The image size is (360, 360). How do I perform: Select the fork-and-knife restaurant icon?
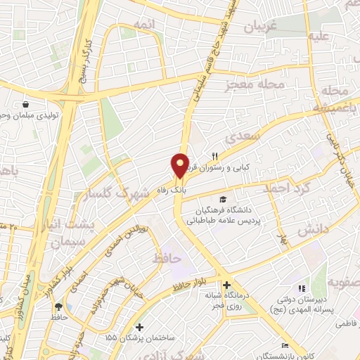(216, 156)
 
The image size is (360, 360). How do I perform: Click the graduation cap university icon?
(223, 199)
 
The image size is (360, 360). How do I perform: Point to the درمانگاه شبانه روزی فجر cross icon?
(226, 285)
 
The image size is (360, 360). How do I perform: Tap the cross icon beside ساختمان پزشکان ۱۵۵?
(139, 327)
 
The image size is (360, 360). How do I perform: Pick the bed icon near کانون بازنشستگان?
(284, 345)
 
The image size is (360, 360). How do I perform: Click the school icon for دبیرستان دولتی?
(302, 288)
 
